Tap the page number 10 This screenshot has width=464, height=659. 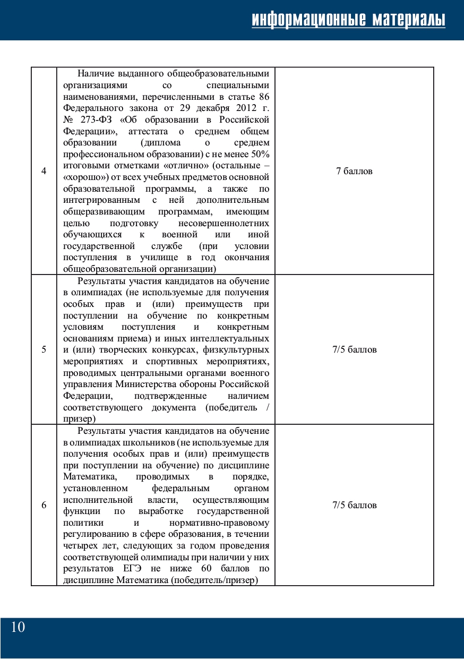coord(18,627)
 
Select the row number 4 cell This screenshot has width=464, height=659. coord(44,171)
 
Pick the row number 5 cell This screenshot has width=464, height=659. coord(44,349)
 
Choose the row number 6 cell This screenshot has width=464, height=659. coord(44,505)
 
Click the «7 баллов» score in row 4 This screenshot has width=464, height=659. coord(354,171)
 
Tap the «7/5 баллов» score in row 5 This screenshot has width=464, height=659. coord(354,349)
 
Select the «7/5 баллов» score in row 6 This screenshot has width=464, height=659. coord(354,505)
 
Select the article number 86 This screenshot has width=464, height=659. coord(264,97)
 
